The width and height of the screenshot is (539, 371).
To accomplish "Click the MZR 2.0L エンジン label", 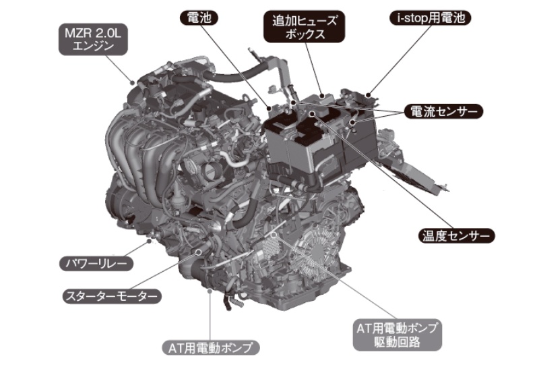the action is click(x=93, y=39).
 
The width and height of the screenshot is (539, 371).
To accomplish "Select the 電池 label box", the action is click(x=199, y=18).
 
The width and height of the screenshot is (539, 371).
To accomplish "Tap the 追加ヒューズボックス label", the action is click(x=305, y=27).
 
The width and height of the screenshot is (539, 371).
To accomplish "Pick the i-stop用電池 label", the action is click(x=431, y=18).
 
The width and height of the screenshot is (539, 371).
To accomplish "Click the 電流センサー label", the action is click(x=443, y=111).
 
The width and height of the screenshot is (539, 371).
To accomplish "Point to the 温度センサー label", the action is click(x=456, y=235).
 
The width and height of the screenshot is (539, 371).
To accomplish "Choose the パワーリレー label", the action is click(x=96, y=264).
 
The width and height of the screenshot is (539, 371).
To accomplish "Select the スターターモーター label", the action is click(x=112, y=296).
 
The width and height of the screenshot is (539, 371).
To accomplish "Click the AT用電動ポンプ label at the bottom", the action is click(x=210, y=347).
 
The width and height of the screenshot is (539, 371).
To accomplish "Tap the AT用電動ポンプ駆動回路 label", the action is click(x=397, y=335).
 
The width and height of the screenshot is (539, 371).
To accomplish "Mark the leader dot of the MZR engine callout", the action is click(x=132, y=82).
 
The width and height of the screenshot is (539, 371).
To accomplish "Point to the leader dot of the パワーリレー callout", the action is click(x=149, y=241).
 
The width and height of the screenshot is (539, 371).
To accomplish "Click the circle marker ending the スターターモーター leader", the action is click(x=198, y=252).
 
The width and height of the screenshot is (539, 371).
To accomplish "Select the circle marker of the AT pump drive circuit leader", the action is click(x=274, y=235).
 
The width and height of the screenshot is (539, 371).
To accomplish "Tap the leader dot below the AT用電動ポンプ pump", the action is click(x=210, y=292).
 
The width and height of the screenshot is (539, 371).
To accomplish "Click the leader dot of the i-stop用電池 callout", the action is click(x=368, y=95).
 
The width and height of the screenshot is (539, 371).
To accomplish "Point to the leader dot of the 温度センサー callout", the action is click(x=312, y=113).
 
